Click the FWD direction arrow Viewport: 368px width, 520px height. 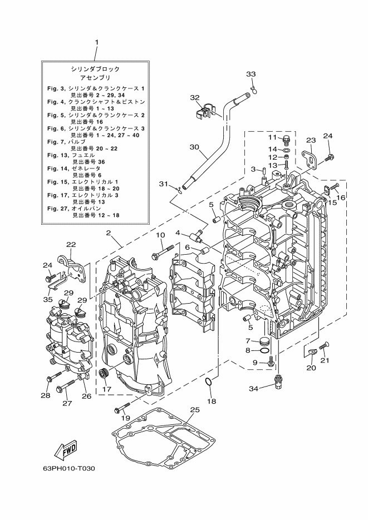(66, 449)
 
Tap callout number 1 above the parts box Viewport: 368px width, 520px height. (97, 42)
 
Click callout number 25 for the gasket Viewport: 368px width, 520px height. (194, 410)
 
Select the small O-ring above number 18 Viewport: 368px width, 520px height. (207, 382)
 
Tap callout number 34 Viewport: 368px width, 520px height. (253, 388)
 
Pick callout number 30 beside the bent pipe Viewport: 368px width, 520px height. (194, 147)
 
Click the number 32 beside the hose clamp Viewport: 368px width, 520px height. (194, 97)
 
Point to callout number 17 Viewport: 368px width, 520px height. (106, 389)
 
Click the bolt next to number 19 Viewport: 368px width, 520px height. (123, 407)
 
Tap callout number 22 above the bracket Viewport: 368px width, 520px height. (71, 244)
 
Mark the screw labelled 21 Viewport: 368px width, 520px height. (325, 348)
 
